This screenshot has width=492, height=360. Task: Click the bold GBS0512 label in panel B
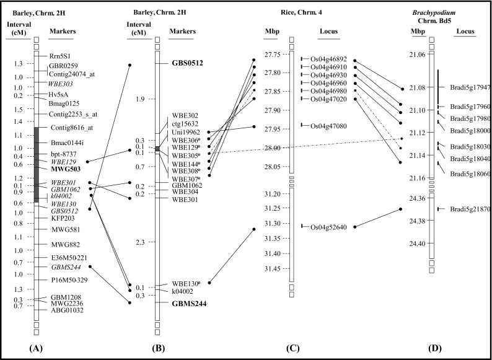188,63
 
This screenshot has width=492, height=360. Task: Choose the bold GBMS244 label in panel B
189,304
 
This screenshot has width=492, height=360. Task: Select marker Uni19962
185,132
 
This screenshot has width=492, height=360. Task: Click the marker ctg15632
185,124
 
